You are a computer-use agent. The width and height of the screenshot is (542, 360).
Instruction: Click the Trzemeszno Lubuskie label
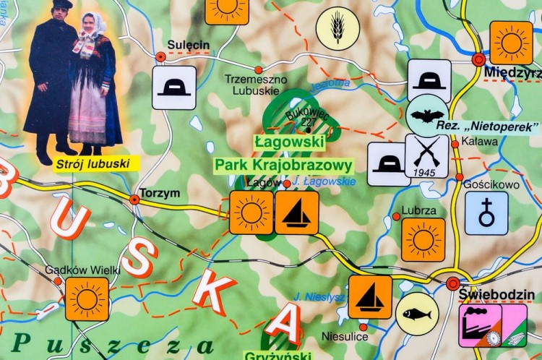pos(256,85)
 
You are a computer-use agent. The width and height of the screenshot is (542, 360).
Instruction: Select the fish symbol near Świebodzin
pos(417,314)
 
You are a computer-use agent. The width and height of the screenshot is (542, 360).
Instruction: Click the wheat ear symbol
pos(337,28)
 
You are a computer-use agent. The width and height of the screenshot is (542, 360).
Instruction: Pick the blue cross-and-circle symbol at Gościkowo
pos(486,213)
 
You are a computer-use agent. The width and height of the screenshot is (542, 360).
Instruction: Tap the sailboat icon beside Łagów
pos(296,213)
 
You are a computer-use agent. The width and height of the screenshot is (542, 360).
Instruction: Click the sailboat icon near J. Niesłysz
pos(370,296)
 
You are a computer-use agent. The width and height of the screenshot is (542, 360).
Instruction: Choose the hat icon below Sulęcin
pos(174,87)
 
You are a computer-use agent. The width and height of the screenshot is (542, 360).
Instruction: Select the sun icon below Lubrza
pos(423,239)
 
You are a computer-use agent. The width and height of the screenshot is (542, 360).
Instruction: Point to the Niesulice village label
pos(345,337)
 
